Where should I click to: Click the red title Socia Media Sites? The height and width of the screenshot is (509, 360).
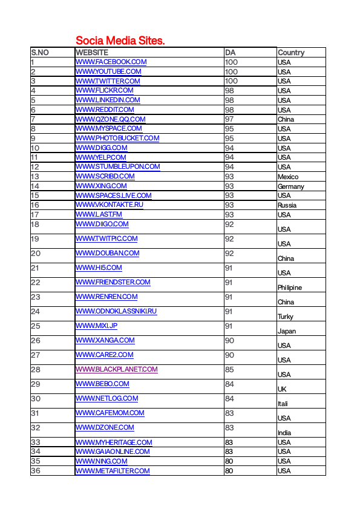coord(120,41)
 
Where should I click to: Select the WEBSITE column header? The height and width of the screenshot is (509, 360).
coord(92,53)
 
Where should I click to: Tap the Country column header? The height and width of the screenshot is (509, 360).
coord(291,53)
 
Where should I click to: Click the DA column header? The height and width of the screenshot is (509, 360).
coord(230,53)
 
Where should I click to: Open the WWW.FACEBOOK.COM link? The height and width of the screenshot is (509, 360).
coord(111,62)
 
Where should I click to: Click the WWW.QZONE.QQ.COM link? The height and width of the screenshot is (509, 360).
coord(110,119)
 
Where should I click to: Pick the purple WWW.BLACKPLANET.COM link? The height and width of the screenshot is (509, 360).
coord(116,369)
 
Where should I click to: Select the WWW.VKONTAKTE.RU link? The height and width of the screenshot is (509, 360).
coord(109,205)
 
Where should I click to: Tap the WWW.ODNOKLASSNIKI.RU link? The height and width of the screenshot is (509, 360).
coord(116,311)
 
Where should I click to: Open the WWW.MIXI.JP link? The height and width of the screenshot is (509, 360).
coord(96,326)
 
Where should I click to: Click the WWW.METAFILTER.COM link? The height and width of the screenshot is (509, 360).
coord(112,471)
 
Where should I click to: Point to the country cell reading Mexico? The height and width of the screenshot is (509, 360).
coord(288,177)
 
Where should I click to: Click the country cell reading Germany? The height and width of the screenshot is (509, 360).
coord(290,186)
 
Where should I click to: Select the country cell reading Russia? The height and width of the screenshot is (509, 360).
coord(287,205)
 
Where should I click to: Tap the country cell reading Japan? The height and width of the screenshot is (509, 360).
coord(287,331)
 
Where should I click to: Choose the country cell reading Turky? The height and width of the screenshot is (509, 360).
coord(286,317)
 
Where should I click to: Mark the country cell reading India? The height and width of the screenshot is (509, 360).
coord(284,433)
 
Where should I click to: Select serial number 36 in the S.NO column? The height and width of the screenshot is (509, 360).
coord(36,471)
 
